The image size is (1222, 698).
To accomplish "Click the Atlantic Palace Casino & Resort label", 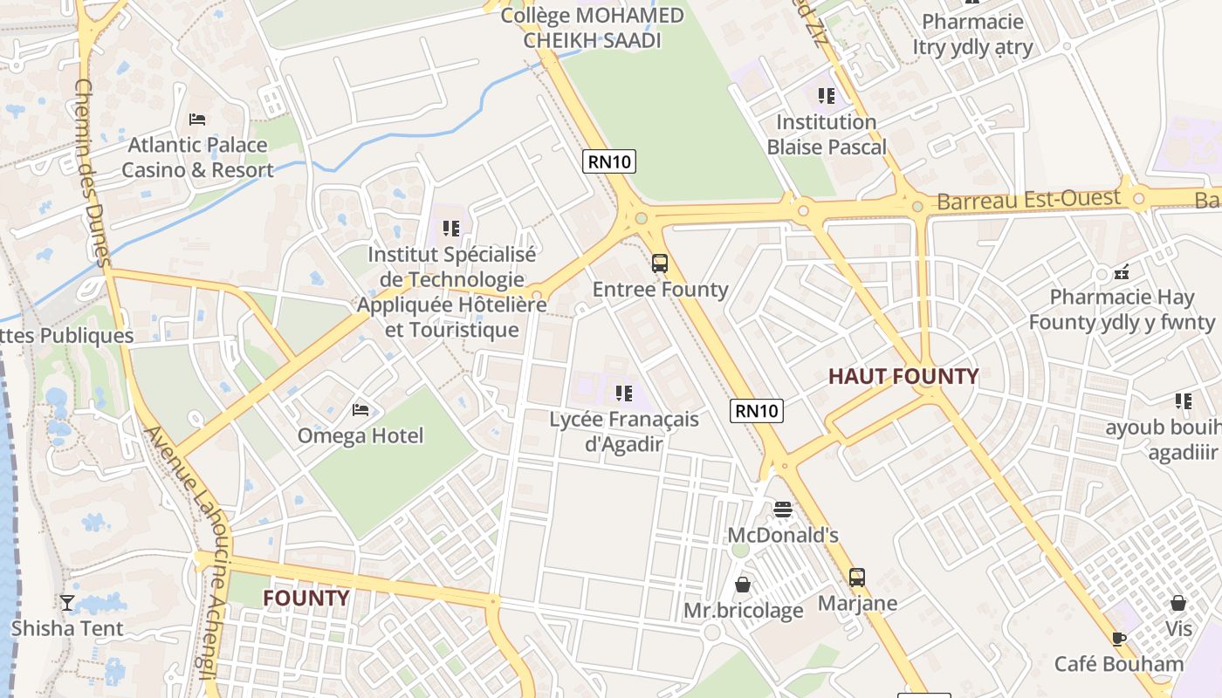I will click(197, 157).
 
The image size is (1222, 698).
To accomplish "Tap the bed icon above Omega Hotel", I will click(360, 409).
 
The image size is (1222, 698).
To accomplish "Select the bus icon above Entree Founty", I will click(660, 263).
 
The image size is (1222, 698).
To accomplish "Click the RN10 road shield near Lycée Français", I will click(757, 410).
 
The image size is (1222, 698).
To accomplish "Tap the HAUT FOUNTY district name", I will click(903, 376).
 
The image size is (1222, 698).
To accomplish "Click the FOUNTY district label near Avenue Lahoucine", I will click(305, 598).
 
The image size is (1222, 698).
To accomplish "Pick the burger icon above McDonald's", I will click(783, 509).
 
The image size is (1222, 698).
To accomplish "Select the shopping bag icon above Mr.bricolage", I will click(743, 584).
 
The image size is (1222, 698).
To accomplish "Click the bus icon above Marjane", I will click(857, 577).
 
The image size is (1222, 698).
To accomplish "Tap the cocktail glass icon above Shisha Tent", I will click(67, 602).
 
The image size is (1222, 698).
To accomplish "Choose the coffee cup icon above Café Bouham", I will click(1119, 638).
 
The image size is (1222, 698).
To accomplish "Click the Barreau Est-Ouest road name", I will click(1028, 200).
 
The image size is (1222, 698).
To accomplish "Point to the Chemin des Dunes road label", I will click(91, 172).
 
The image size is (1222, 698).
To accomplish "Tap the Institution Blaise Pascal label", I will click(826, 134).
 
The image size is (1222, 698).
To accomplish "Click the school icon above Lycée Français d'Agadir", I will click(623, 393).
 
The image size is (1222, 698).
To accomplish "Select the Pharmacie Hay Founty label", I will click(1121, 309).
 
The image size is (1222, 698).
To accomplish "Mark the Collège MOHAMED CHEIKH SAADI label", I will click(592, 28).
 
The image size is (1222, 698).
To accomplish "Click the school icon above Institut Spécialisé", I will click(450, 229).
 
